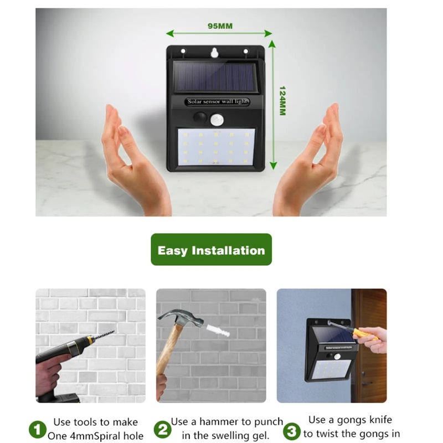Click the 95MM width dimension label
[220, 26]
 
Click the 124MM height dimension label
[282, 101]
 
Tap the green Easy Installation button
[212, 250]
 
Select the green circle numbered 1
[38, 430]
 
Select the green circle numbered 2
[162, 430]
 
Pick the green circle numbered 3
[292, 431]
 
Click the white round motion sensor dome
[217, 120]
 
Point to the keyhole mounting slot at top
[215, 53]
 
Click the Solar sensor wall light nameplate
[217, 101]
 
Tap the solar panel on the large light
[215, 76]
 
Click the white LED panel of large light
[216, 147]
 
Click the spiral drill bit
[104, 335]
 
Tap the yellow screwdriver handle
[363, 333]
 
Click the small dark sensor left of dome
[200, 117]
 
